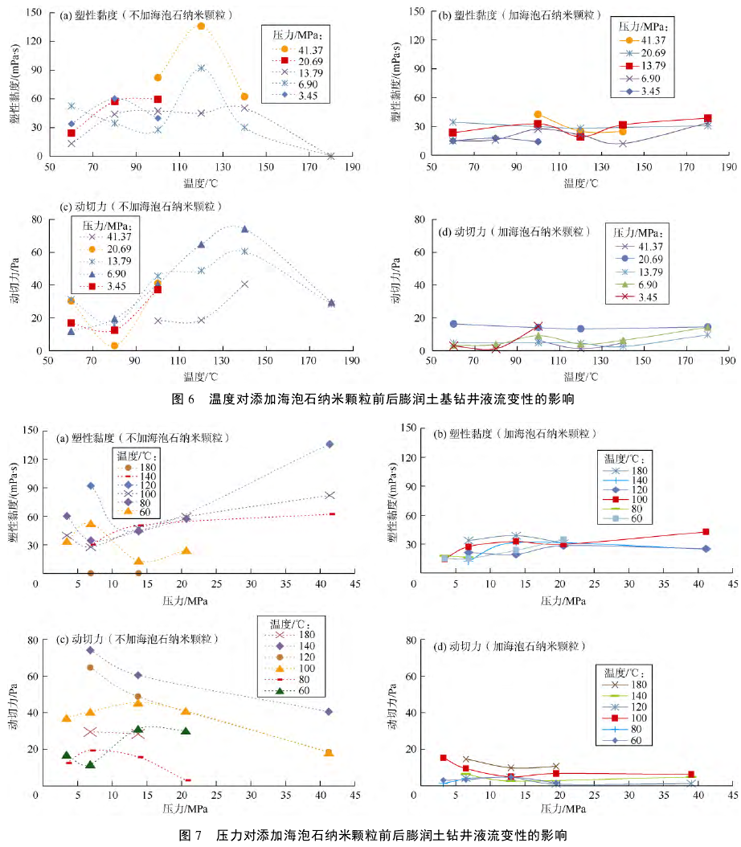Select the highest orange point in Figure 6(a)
point(201,26)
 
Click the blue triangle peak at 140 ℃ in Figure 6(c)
point(244,229)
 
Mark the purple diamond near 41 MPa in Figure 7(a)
point(330,444)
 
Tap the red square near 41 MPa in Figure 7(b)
point(706,531)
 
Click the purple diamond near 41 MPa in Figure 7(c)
point(330,711)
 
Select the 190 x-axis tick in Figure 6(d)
point(728,362)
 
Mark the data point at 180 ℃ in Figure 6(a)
point(330,156)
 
